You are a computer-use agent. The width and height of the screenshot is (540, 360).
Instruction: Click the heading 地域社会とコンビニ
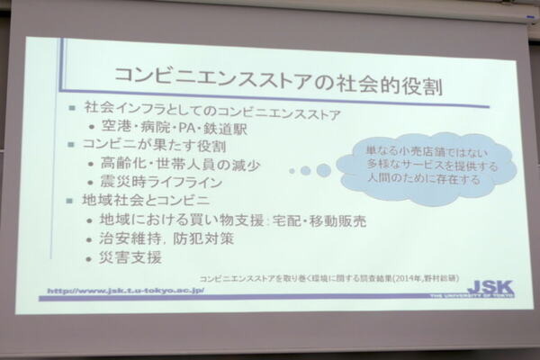(x=151, y=200)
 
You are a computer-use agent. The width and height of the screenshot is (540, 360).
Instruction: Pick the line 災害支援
(x=133, y=257)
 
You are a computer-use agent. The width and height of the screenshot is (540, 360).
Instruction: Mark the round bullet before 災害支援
(x=94, y=258)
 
